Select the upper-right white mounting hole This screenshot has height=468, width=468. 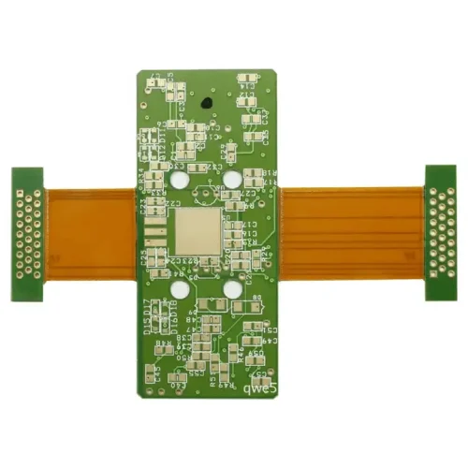click(x=231, y=178)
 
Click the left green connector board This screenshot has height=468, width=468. click(x=27, y=234)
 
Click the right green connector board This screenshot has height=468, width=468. click(x=440, y=233)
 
